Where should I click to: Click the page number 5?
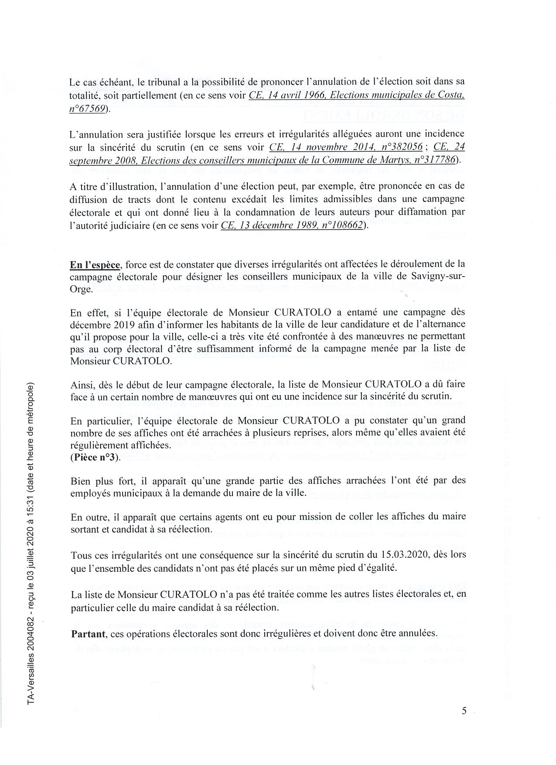click(x=464, y=711)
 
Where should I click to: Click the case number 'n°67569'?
click(x=87, y=109)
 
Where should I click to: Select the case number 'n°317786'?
click(x=431, y=160)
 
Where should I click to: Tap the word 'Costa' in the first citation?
click(x=450, y=96)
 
